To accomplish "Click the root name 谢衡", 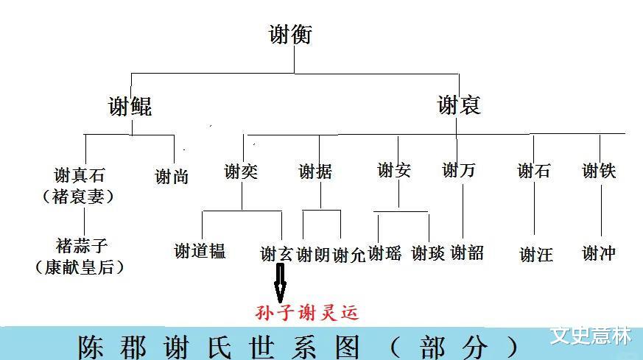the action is [291, 34].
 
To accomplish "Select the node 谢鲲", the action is [130, 106].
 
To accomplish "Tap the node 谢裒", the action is [459, 105].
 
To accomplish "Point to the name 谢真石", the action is [80, 176].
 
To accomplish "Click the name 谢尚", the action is [172, 176].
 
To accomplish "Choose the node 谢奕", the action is [242, 172].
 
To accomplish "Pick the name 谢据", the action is [315, 172].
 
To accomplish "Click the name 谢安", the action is [393, 171].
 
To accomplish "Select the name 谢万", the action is [459, 171].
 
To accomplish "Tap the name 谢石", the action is [534, 171].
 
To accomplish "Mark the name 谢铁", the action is [599, 171].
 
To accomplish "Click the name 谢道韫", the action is [200, 251].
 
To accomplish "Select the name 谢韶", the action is [467, 253].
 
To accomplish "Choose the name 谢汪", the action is [536, 255].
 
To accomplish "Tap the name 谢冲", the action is [599, 253].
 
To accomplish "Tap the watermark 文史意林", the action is [591, 336].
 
